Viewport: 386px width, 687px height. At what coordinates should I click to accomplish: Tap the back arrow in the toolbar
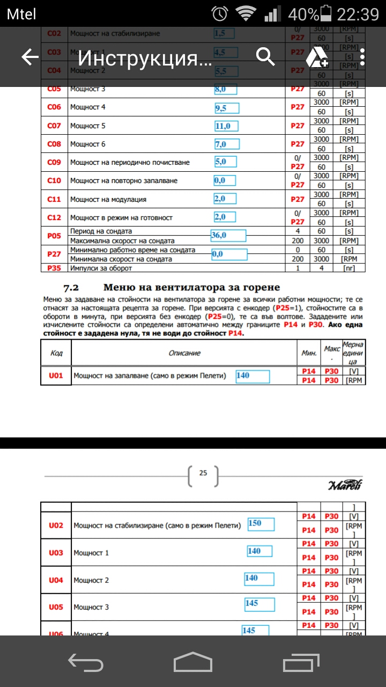(x=30, y=57)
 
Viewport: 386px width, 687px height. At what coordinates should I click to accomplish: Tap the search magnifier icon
(x=265, y=56)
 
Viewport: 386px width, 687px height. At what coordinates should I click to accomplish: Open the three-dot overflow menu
(x=363, y=57)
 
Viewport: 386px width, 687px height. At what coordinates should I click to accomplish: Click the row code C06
(x=54, y=107)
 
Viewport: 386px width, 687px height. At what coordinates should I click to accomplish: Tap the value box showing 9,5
(x=227, y=108)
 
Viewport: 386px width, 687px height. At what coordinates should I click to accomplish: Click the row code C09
(x=54, y=162)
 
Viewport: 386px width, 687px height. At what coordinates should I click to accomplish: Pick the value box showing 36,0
(x=228, y=235)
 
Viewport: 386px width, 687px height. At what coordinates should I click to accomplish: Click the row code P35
(x=54, y=268)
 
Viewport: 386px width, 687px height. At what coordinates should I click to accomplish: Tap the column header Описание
(x=184, y=353)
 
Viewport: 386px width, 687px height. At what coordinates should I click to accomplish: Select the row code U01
(x=56, y=376)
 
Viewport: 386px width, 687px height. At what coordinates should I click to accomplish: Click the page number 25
(x=203, y=473)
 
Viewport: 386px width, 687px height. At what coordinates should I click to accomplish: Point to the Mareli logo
(x=345, y=485)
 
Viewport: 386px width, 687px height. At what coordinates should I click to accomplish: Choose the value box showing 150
(x=261, y=523)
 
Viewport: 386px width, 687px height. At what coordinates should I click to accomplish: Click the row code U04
(x=56, y=580)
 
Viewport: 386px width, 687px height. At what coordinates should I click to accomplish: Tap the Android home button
(x=193, y=662)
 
